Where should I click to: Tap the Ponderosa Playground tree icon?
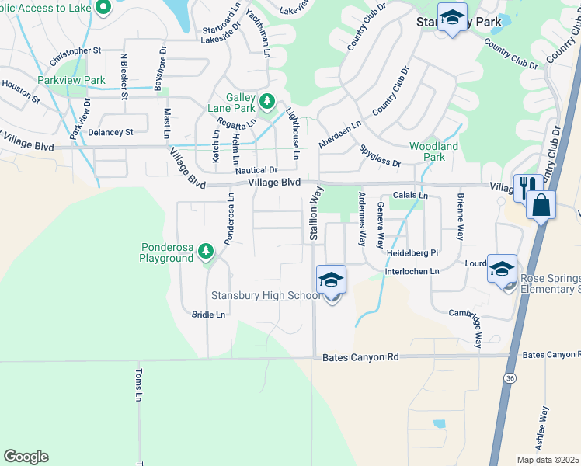pos(206,251)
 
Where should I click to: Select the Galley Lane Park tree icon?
pos(267,101)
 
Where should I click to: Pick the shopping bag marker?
pos(540,206)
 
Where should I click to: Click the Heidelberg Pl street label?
pos(412,253)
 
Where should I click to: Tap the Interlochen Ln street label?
pos(412,271)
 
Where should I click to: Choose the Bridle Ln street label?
pos(208,315)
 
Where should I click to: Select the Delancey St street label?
pos(110,132)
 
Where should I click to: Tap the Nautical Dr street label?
pos(256,169)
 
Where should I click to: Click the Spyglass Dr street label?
pos(380,155)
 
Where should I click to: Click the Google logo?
pos(26,457)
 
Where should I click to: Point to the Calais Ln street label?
pos(411,196)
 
